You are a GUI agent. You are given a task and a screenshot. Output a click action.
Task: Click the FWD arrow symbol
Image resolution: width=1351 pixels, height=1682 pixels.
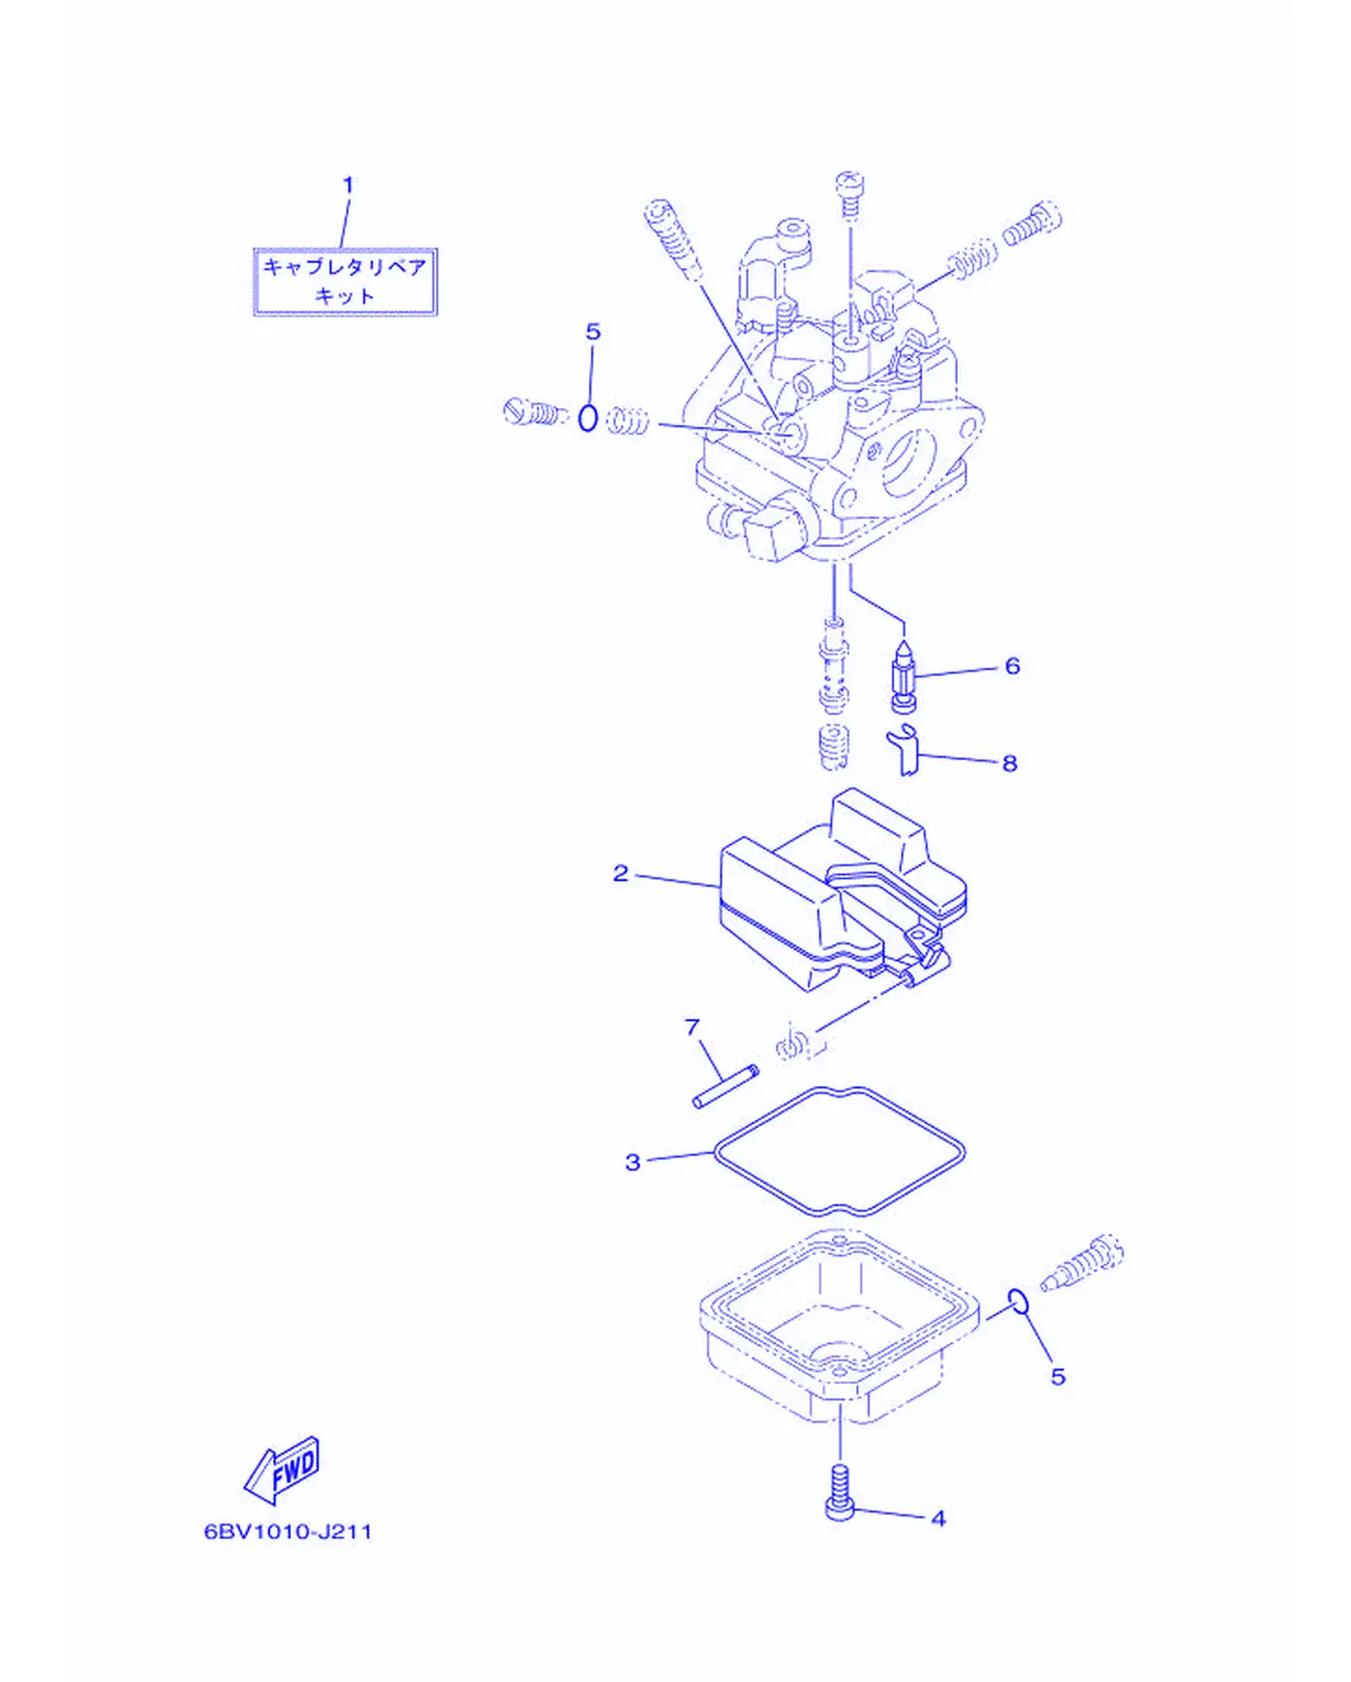(283, 1470)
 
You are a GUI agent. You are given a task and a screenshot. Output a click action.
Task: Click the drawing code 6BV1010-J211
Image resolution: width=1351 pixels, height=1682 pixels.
(288, 1531)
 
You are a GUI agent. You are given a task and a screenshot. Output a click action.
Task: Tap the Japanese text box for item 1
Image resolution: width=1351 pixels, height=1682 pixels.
(345, 282)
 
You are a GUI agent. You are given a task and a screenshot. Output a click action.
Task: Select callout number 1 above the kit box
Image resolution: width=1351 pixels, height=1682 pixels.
(348, 185)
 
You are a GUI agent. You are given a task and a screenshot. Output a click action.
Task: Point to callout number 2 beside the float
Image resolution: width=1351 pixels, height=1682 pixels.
(621, 873)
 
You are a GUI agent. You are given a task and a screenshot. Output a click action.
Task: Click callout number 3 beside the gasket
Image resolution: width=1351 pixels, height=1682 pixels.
(633, 1162)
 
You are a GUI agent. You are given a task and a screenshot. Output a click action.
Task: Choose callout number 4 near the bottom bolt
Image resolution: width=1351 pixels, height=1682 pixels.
(938, 1518)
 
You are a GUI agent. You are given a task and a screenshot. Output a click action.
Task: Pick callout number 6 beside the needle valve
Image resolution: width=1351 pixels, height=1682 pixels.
(1012, 665)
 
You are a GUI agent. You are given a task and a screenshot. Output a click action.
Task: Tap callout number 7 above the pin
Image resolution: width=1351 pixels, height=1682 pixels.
(692, 1027)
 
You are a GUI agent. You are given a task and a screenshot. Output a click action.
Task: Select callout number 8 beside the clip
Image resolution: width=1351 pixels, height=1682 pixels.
(1009, 763)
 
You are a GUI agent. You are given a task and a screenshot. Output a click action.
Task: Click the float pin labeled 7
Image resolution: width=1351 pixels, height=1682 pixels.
(725, 1086)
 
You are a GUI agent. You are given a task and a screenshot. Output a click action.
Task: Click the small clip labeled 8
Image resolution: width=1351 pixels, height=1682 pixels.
(905, 751)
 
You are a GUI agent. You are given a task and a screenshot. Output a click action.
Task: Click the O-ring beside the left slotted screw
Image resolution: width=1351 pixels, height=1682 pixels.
(588, 418)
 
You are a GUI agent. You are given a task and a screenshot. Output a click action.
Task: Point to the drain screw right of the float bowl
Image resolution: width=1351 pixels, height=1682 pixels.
(1083, 1262)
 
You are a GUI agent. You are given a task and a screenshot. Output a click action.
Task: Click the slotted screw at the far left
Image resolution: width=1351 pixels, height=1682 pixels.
(533, 411)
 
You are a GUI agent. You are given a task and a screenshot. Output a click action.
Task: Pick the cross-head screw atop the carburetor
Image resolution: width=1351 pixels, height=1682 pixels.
(849, 195)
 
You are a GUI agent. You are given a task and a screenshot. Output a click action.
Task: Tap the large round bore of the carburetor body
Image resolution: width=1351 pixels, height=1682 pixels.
(908, 462)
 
